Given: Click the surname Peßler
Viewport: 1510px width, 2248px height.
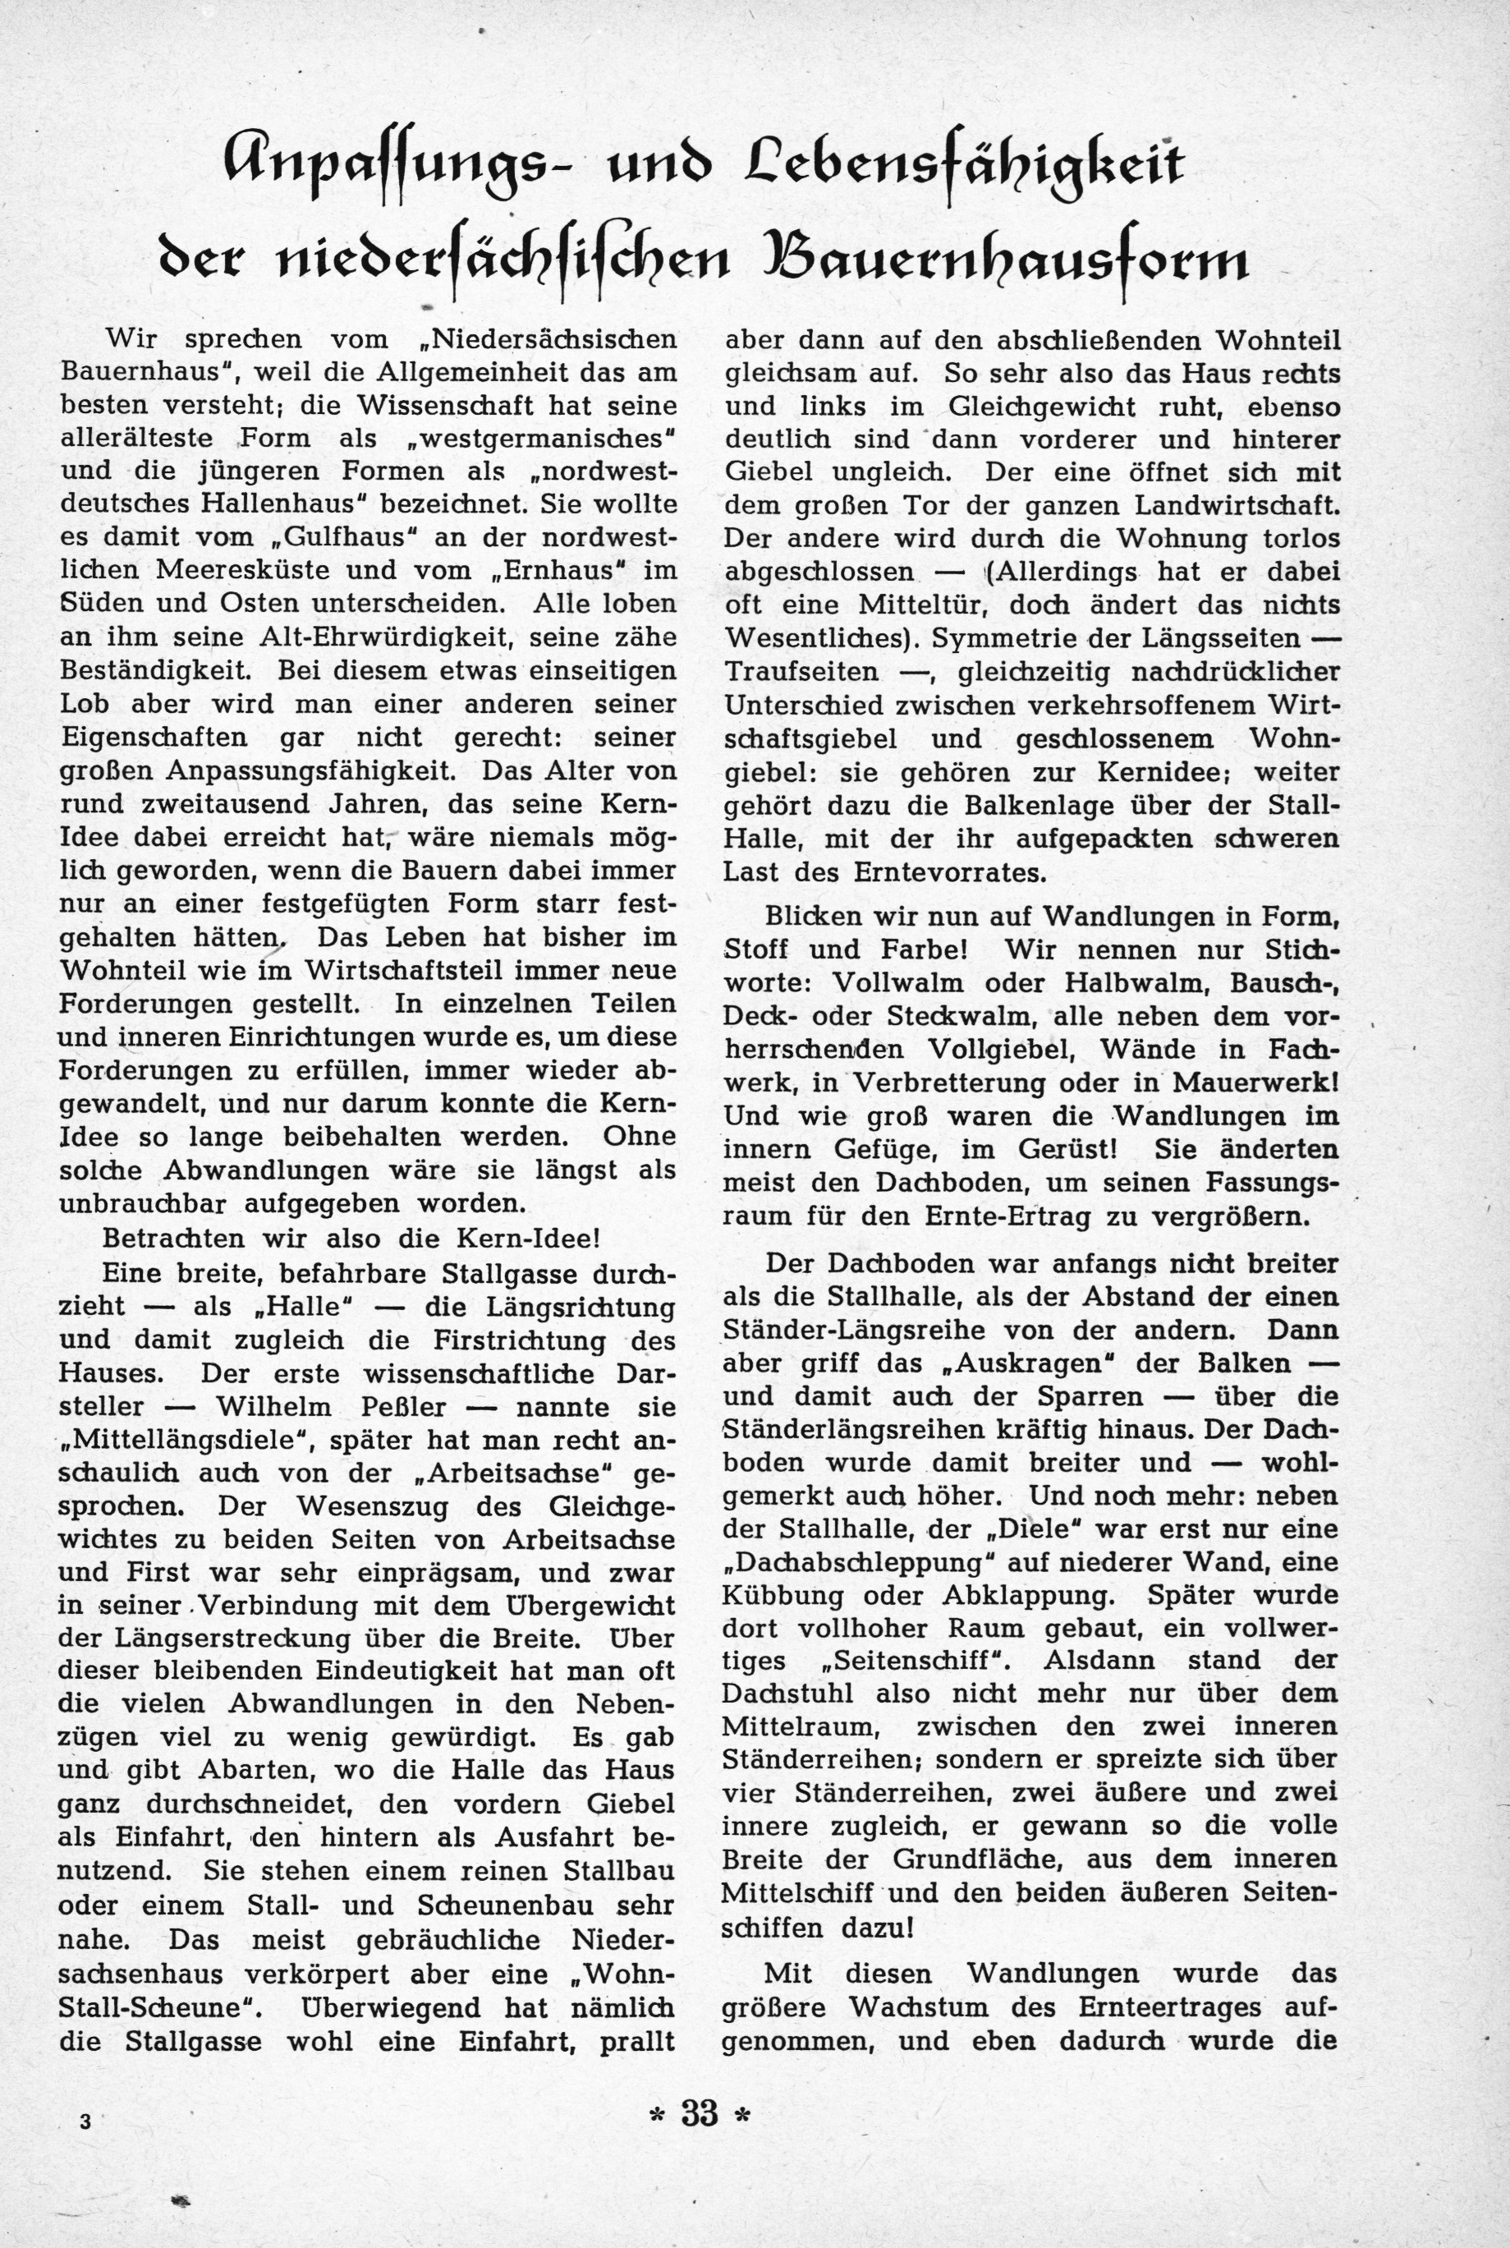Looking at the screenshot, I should click(395, 1406).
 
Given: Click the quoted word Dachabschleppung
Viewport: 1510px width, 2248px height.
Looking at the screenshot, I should click(871, 1561).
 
